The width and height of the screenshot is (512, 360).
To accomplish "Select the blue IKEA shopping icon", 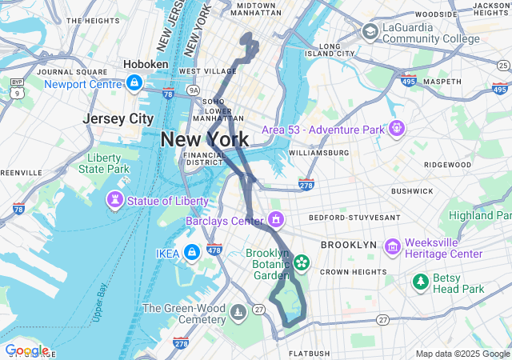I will (x=191, y=253).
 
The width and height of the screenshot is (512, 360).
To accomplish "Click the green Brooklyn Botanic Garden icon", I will (x=302, y=262).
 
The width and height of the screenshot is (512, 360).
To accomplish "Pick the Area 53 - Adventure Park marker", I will (x=396, y=128).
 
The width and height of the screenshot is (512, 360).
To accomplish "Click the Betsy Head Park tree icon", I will (x=420, y=282).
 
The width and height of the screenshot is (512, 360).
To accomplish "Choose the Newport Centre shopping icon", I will (x=134, y=83).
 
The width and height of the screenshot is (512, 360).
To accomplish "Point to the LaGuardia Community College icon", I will (x=370, y=31).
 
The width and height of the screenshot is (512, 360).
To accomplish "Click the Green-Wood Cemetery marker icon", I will (x=238, y=310).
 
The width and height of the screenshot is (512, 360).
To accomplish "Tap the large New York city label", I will (x=204, y=139).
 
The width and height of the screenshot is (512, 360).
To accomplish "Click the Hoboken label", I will (x=146, y=65).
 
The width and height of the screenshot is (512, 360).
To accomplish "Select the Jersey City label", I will (x=118, y=118).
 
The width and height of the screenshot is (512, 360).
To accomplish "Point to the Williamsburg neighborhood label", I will (x=318, y=152).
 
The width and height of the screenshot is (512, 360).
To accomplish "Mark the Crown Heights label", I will (x=354, y=272).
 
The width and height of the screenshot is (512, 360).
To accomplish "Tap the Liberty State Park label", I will (x=103, y=163).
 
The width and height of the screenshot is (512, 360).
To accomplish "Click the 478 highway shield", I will (x=214, y=250).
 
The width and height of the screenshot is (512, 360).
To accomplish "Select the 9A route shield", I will (x=193, y=91).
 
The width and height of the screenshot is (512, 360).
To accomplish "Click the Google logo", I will (x=26, y=350).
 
